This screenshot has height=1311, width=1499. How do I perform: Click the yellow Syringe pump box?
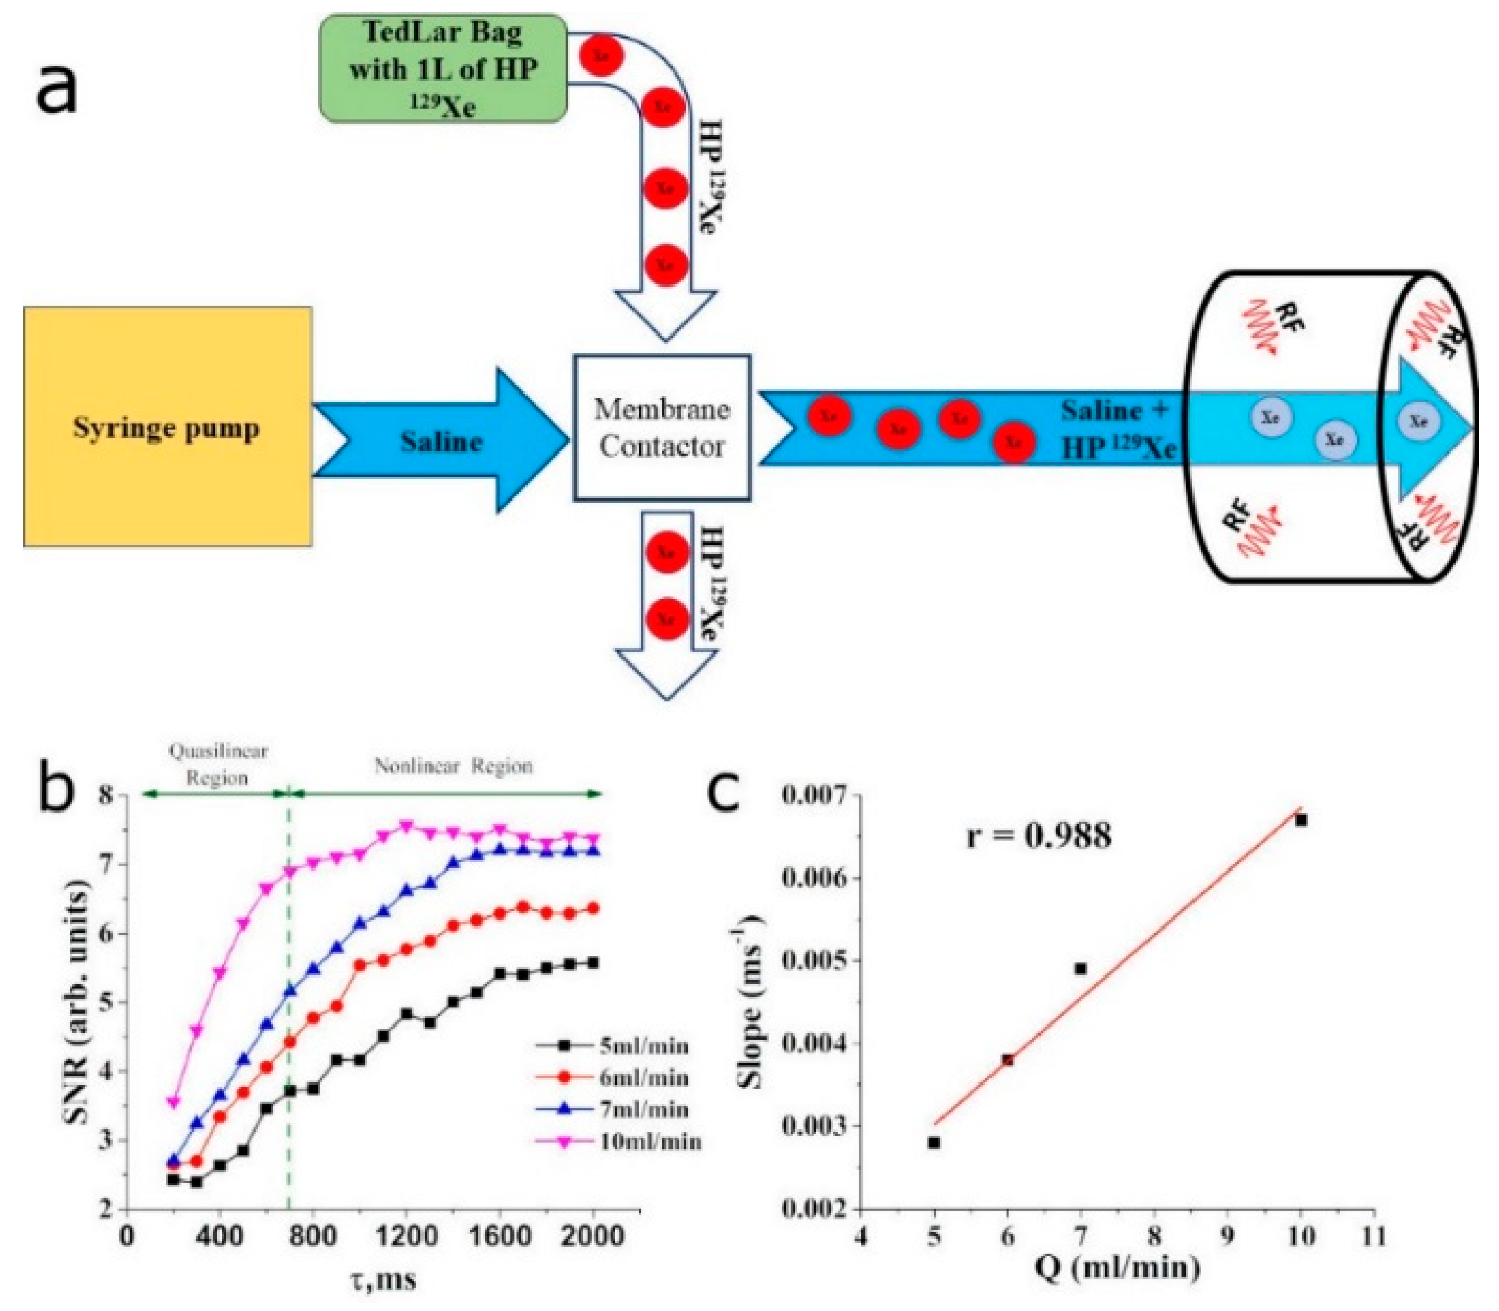click(168, 427)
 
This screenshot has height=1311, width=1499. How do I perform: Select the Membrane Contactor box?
click(662, 427)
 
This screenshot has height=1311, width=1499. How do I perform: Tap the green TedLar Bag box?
click(443, 69)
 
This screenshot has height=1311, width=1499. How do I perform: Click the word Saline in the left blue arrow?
click(441, 442)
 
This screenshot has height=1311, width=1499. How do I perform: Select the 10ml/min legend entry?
click(650, 1141)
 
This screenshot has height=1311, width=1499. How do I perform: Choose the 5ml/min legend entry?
click(644, 1045)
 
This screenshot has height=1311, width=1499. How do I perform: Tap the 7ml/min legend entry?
click(644, 1110)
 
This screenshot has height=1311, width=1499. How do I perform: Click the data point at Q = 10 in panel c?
click(1300, 820)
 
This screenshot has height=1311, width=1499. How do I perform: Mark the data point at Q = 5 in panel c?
click(934, 1143)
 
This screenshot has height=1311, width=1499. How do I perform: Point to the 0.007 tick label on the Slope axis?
click(814, 795)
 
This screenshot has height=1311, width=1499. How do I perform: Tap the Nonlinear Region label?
click(454, 766)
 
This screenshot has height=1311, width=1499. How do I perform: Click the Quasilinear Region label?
click(217, 764)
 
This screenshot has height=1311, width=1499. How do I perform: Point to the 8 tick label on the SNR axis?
click(108, 795)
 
